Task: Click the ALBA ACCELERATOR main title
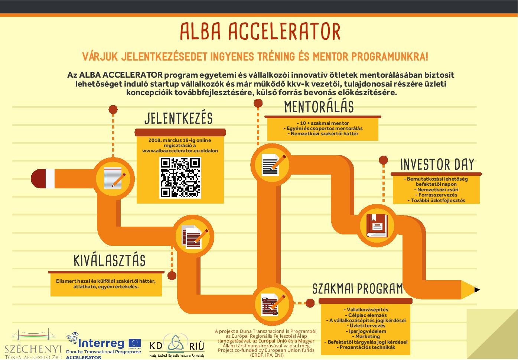pos(260,31)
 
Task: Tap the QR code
pos(180,178)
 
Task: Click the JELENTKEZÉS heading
pos(178,119)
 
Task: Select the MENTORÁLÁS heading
pos(319,107)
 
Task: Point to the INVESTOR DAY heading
pos(437,165)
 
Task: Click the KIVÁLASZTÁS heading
pos(109,260)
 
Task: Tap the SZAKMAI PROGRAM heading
pos(358,288)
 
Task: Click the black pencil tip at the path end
pos(477,290)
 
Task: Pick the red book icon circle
pos(377,225)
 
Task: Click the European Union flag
pos(135,343)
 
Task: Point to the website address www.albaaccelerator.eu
pos(180,151)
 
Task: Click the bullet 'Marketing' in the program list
pos(366,337)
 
